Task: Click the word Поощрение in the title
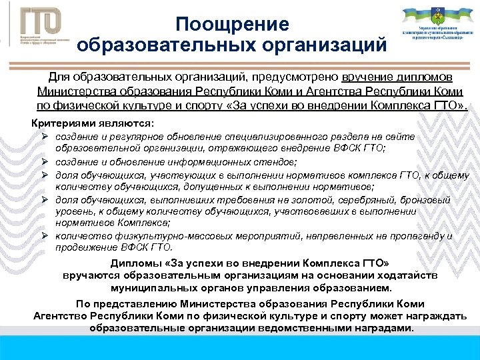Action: click(233, 25)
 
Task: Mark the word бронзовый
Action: click(426, 200)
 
